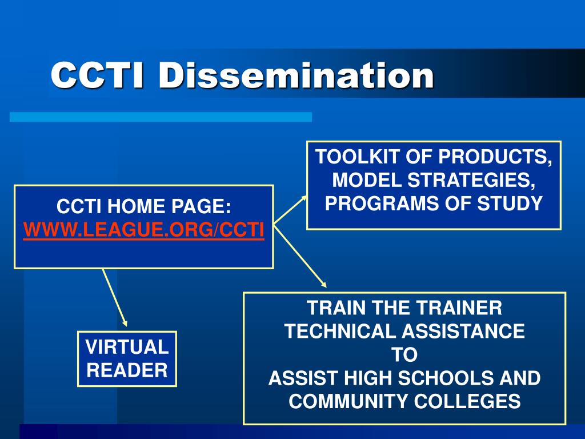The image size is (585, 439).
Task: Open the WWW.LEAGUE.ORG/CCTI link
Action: coord(143,230)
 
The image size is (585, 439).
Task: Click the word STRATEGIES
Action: coord(471,180)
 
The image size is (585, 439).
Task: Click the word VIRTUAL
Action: coord(127,347)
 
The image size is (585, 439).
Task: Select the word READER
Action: coord(127,370)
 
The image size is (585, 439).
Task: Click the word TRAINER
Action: coord(459,308)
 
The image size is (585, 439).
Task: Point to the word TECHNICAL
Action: coord(340,331)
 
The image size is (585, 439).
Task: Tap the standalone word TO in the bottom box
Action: coord(404,354)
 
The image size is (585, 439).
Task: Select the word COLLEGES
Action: coord(467,401)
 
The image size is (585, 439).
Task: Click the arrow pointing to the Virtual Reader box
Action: coord(115,297)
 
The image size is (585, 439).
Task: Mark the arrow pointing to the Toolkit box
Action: coord(290,209)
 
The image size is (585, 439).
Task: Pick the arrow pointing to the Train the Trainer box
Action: coord(300,256)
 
